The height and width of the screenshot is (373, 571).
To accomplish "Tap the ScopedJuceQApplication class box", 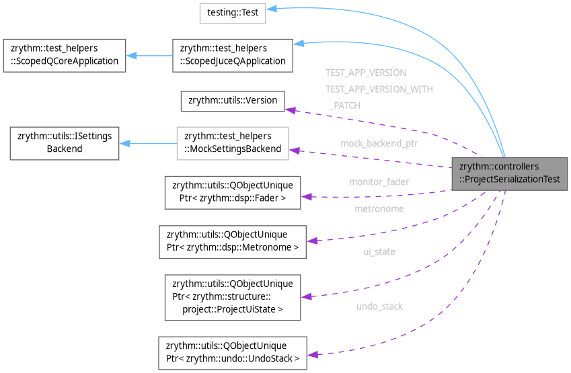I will pos(232,55).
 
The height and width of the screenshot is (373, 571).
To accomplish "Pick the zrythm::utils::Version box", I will pos(233,100).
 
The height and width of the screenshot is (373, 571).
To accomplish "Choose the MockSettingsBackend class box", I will pos(233,142).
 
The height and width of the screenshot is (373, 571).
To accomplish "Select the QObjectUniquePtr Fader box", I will pos(233,192).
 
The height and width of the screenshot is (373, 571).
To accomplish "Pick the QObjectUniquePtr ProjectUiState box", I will pos(233,296).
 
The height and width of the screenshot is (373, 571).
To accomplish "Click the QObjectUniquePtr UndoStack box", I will pos(232,353).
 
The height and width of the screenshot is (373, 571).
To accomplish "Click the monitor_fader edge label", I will pos(379,181).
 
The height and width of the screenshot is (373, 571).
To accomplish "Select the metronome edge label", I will pos(379,209).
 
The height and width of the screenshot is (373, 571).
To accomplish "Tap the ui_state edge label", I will pos(379,251).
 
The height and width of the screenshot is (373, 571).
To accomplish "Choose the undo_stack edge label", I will pos(379,306).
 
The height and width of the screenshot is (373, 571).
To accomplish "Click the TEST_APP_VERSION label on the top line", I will pos(365,73).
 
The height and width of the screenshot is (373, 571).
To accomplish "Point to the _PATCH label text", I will pos(344,106).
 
